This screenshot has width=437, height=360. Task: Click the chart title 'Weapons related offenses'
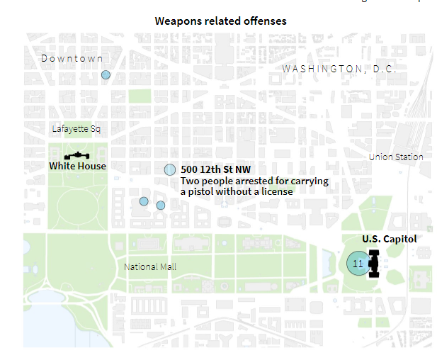pyautogui.click(x=221, y=21)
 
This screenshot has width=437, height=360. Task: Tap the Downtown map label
pyautogui.click(x=72, y=58)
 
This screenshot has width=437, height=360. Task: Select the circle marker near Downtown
pyautogui.click(x=106, y=74)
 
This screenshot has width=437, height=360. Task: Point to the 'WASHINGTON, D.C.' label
pyautogui.click(x=339, y=69)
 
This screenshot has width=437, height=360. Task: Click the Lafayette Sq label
pyautogui.click(x=76, y=129)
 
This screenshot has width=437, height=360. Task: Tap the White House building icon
pyautogui.click(x=76, y=155)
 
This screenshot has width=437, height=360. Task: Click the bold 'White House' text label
pyautogui.click(x=77, y=166)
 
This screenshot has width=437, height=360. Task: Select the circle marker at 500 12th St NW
pyautogui.click(x=170, y=170)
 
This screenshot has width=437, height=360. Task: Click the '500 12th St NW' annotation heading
pyautogui.click(x=215, y=169)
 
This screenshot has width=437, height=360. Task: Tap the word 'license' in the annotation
pyautogui.click(x=276, y=191)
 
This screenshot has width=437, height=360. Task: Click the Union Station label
pyautogui.click(x=396, y=157)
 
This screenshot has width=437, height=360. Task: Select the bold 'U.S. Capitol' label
pyautogui.click(x=389, y=239)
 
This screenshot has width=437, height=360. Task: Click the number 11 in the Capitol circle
pyautogui.click(x=358, y=264)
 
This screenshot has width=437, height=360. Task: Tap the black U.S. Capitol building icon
pyautogui.click(x=373, y=264)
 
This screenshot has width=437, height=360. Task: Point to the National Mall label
pyautogui.click(x=150, y=267)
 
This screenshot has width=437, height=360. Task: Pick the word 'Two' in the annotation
pyautogui.click(x=190, y=181)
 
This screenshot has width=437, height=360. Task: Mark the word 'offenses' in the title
pyautogui.click(x=266, y=21)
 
